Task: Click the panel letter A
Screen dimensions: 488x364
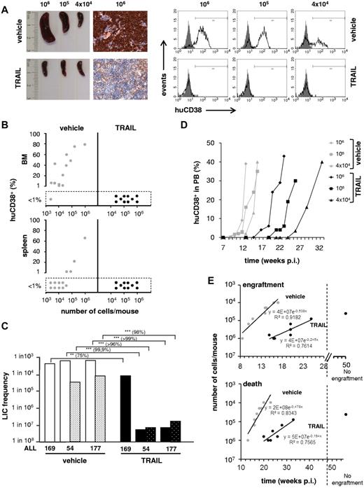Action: tap(6, 6)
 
